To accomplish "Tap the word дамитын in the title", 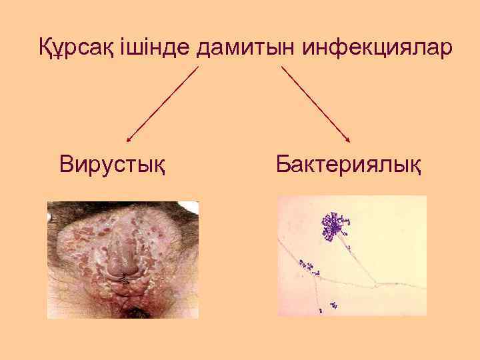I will point(249,47).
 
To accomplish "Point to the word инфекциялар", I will point(378,47).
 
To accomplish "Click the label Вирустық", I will point(113,163).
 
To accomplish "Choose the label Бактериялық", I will point(349,163).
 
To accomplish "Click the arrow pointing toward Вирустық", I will point(163,104).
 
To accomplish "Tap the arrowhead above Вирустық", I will point(129,140).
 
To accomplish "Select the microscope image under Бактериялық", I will point(351,255).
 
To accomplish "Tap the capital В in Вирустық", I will point(65,163).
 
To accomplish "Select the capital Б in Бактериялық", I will point(283,163).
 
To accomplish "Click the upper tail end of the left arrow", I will point(198,67).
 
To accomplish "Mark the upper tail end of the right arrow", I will point(282,67).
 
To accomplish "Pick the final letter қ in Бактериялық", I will point(415,165).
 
